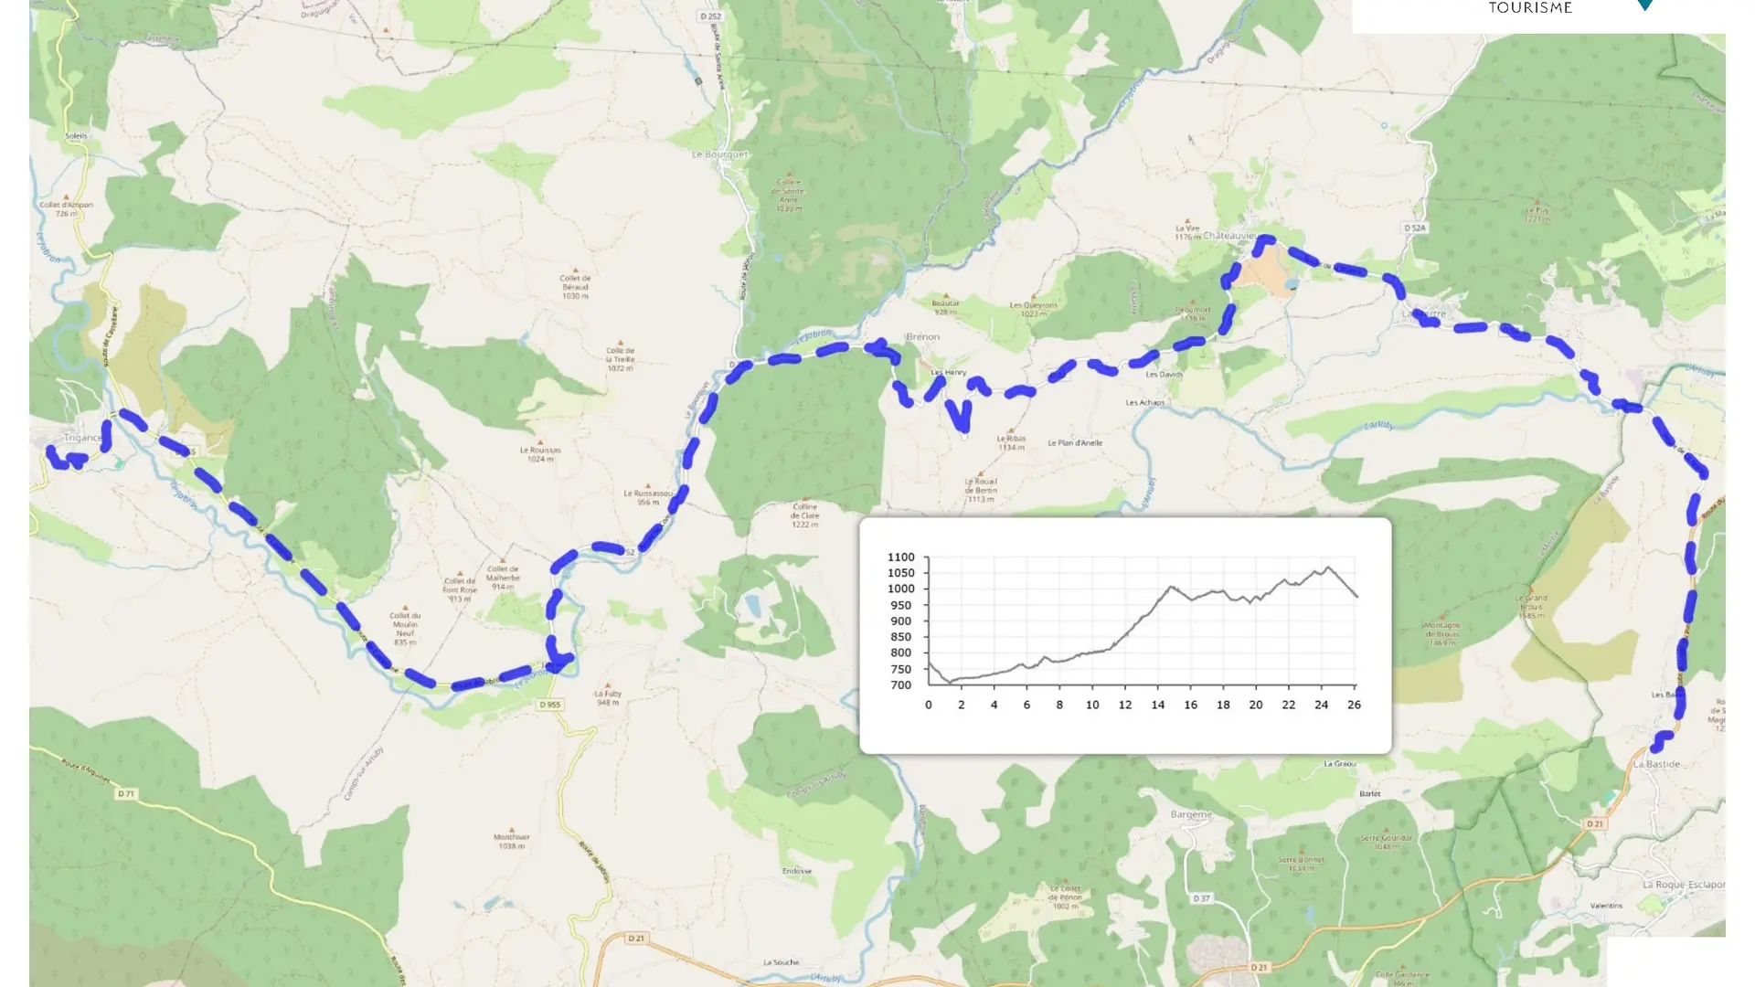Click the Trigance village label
pyautogui.click(x=82, y=438)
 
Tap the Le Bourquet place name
pyautogui.click(x=719, y=154)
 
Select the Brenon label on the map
pyautogui.click(x=923, y=337)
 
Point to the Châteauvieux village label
pyautogui.click(x=1229, y=236)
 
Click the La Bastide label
pyautogui.click(x=1656, y=764)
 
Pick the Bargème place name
pyautogui.click(x=1191, y=814)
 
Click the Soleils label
pyautogui.click(x=77, y=136)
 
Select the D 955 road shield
pyautogui.click(x=549, y=705)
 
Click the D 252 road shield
pyautogui.click(x=710, y=16)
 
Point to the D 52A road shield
pyautogui.click(x=1414, y=228)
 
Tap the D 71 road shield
pyautogui.click(x=126, y=793)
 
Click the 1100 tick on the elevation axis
pyautogui.click(x=900, y=557)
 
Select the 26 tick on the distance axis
pyautogui.click(x=1354, y=705)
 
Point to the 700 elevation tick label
pyautogui.click(x=900, y=685)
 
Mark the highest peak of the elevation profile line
pyautogui.click(x=1328, y=568)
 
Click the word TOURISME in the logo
pyautogui.click(x=1530, y=8)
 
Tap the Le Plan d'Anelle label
pyautogui.click(x=1075, y=443)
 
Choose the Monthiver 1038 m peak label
pyautogui.click(x=511, y=841)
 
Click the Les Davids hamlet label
pyautogui.click(x=1165, y=375)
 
